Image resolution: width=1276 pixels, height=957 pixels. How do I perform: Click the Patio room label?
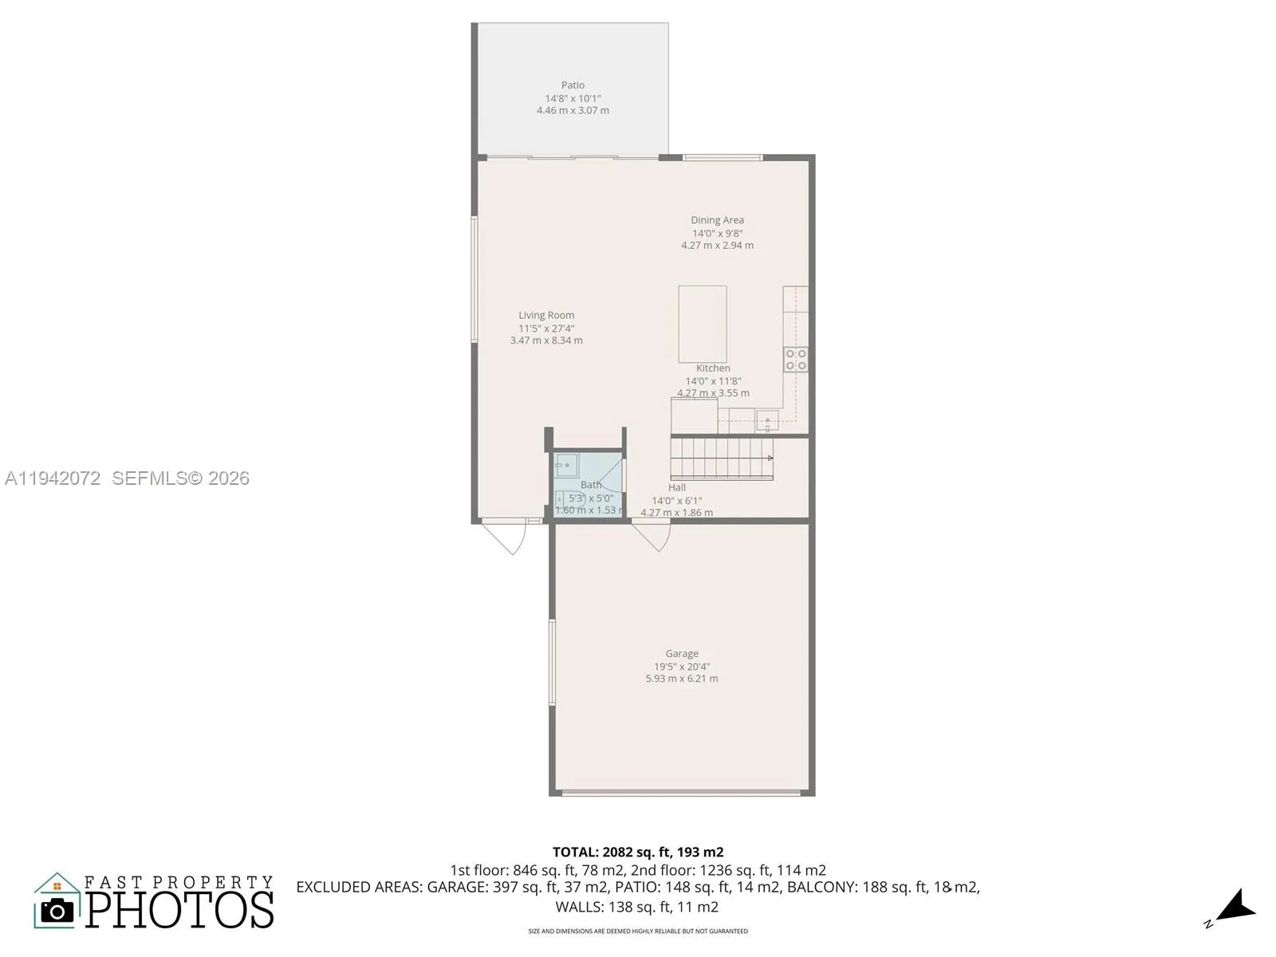573,85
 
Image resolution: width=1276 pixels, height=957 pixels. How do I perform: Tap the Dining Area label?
717,220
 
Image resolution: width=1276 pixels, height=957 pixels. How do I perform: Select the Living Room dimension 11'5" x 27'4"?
546,328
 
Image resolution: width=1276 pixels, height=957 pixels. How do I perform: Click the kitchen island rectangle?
702,324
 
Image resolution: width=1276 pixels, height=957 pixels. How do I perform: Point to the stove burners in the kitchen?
795,360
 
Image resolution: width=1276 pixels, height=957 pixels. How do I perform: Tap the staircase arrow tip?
770,458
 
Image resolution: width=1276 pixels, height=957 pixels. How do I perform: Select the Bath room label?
591,485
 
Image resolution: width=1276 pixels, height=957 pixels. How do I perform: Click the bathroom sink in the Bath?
565,463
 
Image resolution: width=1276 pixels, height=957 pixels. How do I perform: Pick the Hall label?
676,487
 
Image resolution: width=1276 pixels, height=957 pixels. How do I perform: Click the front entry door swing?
511,538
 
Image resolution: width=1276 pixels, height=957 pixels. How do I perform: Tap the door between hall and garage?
656,537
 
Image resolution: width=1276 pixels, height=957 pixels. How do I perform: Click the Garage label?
682,653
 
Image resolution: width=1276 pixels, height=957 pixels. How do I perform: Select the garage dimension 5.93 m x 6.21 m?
682,679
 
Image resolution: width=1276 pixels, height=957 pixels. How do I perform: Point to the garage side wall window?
551,662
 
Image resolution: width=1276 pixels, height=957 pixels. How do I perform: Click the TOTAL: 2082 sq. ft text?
638,852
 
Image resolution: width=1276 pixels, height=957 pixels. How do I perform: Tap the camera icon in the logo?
57,910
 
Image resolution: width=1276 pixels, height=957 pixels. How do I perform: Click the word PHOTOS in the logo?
179,910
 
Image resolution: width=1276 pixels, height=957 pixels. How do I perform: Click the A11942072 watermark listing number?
53,478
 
